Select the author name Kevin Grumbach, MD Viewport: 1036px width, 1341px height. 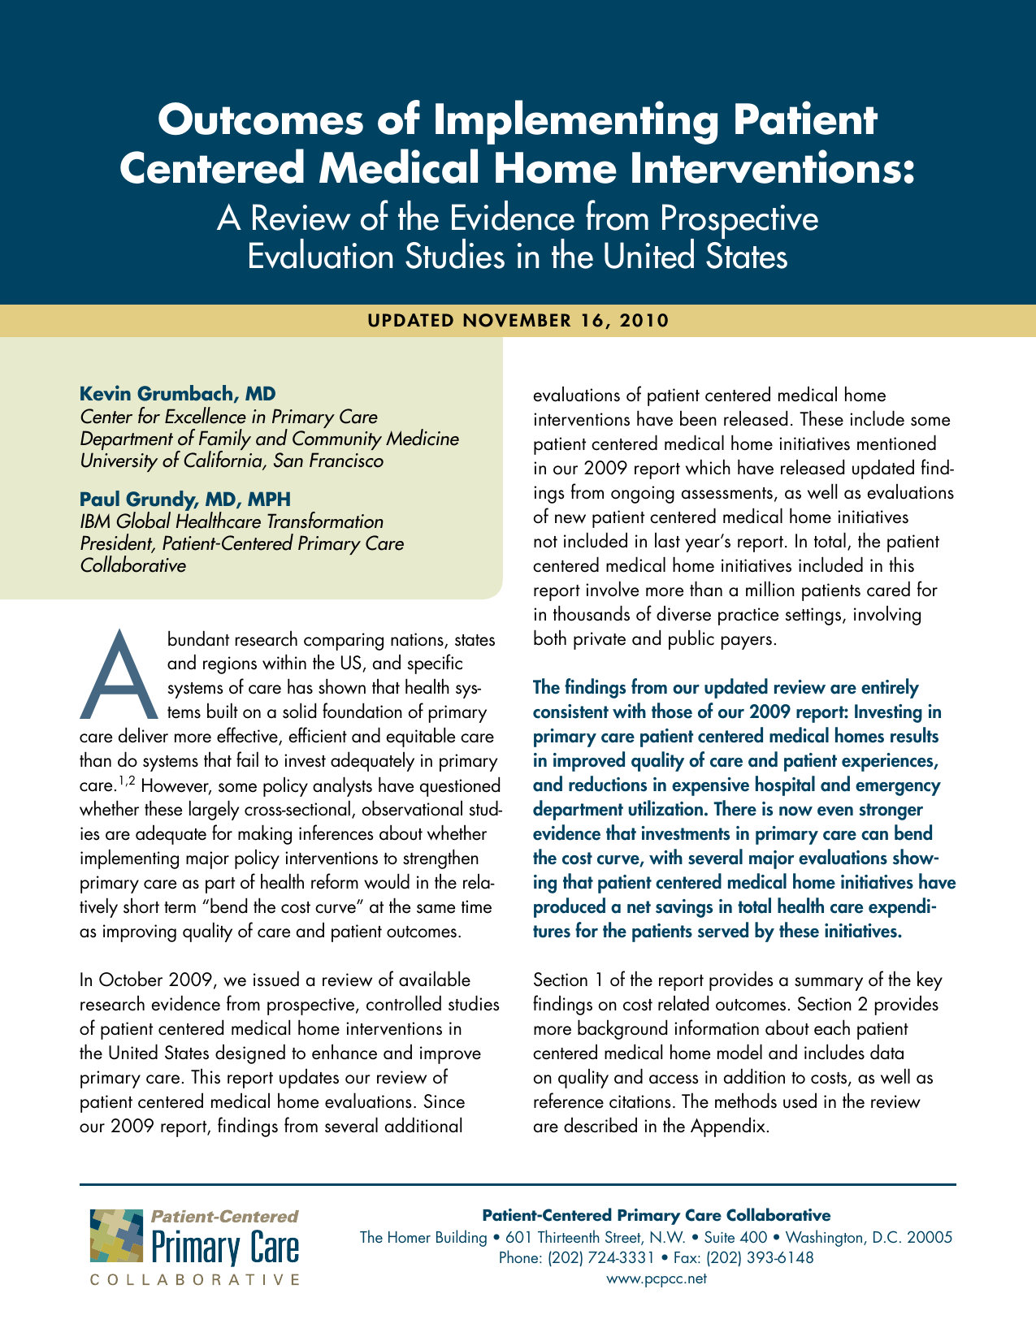178,394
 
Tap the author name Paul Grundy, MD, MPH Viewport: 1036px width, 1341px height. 185,499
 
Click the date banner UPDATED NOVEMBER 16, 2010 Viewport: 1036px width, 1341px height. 518,320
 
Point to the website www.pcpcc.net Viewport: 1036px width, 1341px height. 657,1278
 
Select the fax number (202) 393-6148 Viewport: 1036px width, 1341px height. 760,1258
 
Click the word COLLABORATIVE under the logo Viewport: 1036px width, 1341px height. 193,1280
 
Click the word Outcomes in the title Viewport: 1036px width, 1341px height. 288,121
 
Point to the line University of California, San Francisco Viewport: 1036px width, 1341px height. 231,461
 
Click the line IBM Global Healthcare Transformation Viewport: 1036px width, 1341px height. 232,521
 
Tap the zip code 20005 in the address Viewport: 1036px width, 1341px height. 927,1238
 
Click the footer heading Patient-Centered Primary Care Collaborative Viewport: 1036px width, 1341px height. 657,1215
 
